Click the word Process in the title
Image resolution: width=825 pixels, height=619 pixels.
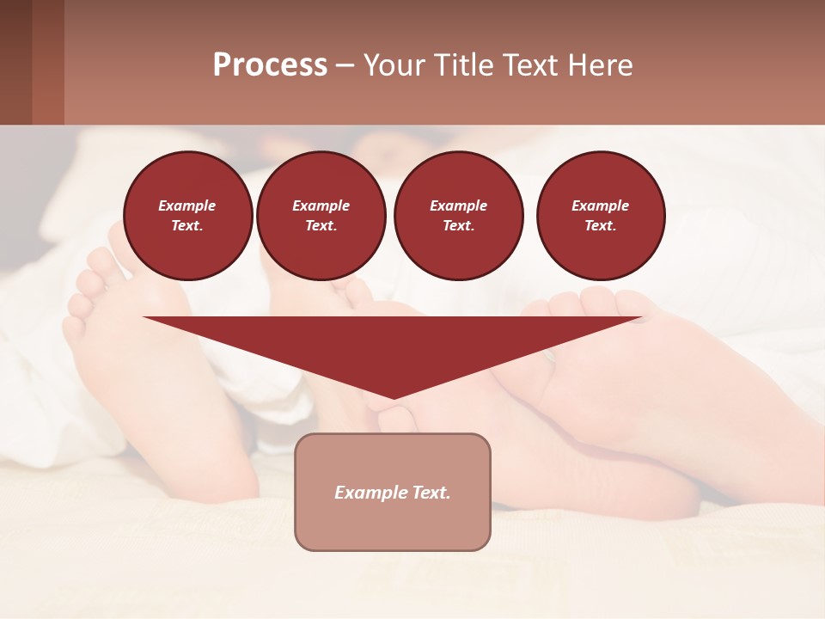[270, 65]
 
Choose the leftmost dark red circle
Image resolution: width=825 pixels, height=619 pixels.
[188, 216]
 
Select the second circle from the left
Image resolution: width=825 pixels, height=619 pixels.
[321, 216]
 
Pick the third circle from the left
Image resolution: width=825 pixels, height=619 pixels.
[459, 216]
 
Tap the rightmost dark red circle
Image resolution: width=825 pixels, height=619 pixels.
[601, 216]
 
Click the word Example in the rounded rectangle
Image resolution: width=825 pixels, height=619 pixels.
[370, 493]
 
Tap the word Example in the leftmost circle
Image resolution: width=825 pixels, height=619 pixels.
[187, 205]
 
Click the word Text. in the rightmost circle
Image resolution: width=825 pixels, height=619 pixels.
[601, 225]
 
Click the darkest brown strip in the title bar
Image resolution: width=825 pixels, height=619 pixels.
[15, 62]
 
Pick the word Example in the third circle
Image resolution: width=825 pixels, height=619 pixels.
[459, 205]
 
